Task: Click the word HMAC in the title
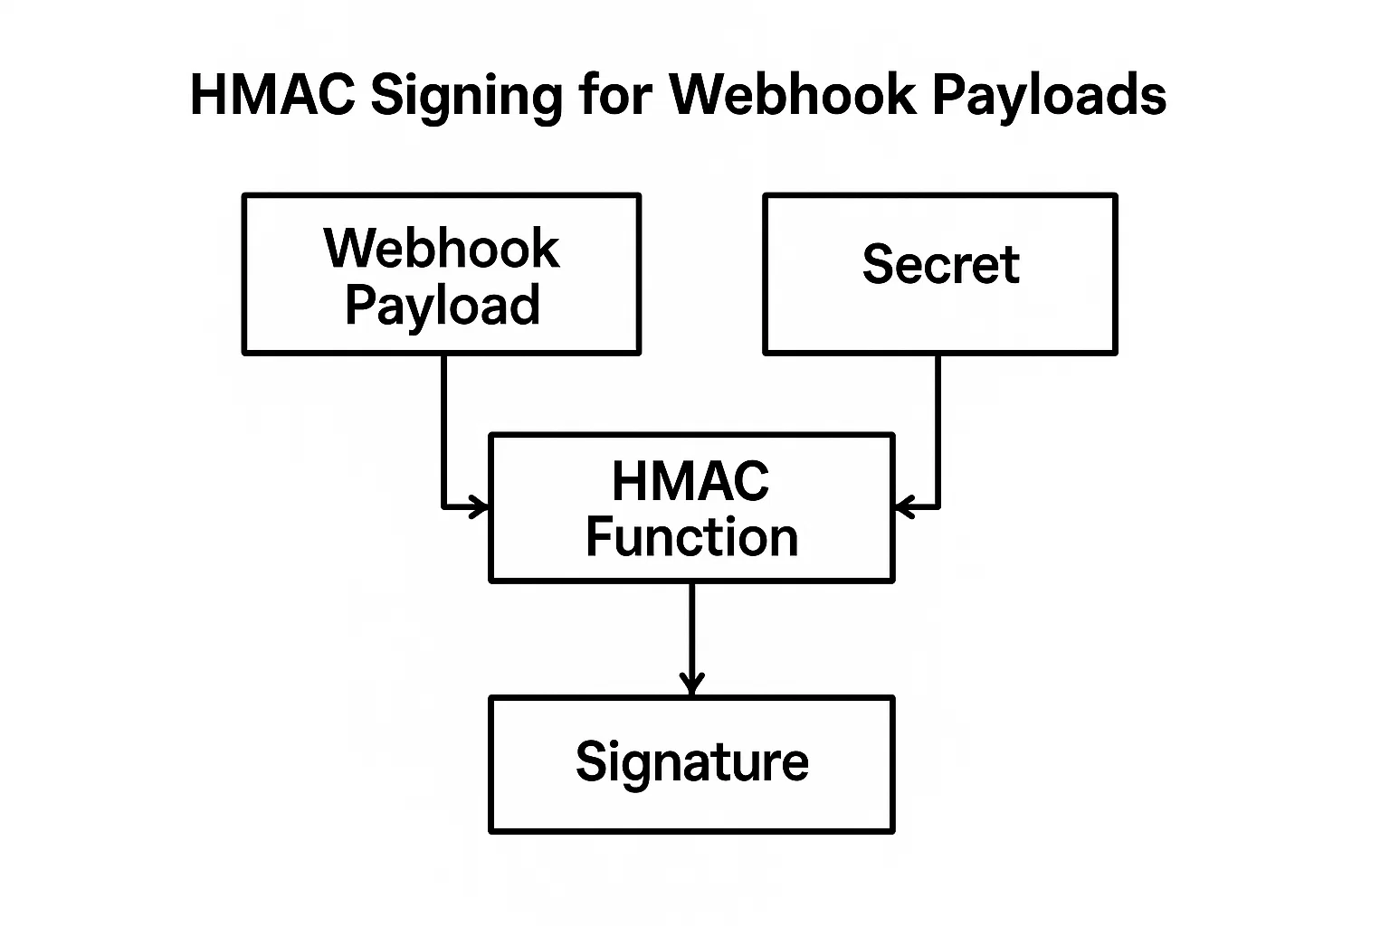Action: (x=271, y=94)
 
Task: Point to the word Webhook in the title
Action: (x=793, y=94)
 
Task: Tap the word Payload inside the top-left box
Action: (x=442, y=306)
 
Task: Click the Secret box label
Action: (x=940, y=264)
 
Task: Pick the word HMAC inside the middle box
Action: (x=690, y=481)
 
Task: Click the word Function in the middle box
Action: (x=691, y=537)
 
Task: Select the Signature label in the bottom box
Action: (x=691, y=761)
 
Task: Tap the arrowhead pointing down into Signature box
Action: (x=691, y=685)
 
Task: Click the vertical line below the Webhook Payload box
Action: (x=444, y=425)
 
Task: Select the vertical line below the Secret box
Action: (x=938, y=425)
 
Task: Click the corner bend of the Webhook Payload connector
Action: (x=444, y=507)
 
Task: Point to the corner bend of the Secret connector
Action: (x=938, y=507)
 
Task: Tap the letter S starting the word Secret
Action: (x=876, y=264)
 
